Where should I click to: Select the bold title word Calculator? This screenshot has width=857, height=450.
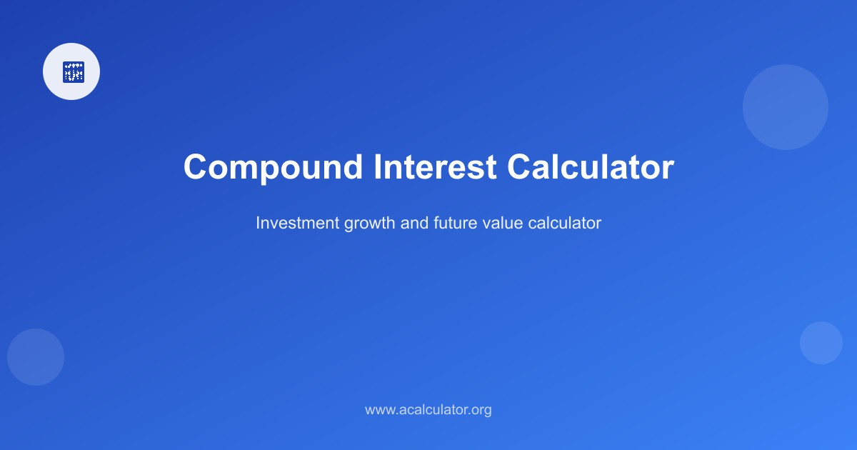point(590,167)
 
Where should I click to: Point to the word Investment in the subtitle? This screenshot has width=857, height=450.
point(297,223)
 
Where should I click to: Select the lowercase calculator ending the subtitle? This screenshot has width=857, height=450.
point(565,223)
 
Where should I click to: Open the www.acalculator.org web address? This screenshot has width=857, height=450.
point(428,410)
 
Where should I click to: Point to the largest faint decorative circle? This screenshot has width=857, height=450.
point(786,107)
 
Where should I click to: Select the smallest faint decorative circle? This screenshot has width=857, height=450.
point(821,343)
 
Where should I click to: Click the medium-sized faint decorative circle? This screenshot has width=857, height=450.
point(36,357)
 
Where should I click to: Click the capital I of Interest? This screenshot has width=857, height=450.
point(376,167)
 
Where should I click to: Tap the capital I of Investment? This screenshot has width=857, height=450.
point(258,223)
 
